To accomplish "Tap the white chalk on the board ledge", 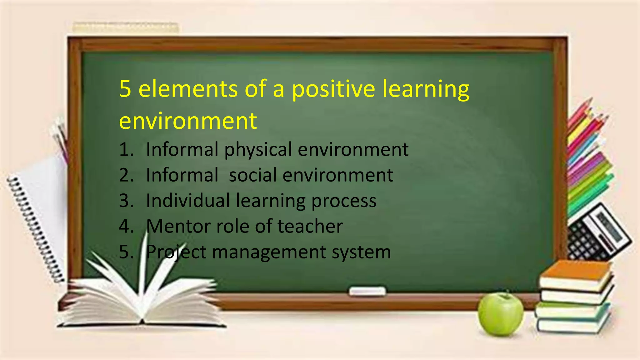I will pyautogui.click(x=367, y=291).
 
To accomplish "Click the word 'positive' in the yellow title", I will pyautogui.click(x=333, y=89).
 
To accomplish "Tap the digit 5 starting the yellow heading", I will pyautogui.click(x=125, y=89).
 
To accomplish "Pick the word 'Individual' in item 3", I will pyautogui.click(x=188, y=201).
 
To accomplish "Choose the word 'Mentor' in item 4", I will pyautogui.click(x=178, y=226).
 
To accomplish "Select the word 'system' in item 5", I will pyautogui.click(x=361, y=252).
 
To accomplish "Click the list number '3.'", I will pyautogui.click(x=126, y=201).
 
